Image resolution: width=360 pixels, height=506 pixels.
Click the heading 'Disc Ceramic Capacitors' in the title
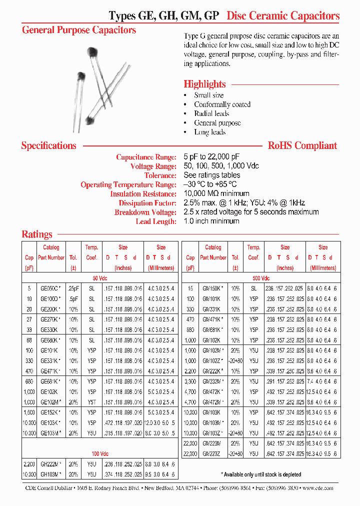pos(283,15)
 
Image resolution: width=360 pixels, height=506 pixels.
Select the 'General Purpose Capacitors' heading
pos(79,30)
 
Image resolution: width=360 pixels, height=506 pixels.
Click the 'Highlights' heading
pos(204,84)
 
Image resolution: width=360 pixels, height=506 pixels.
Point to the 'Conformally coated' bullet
pos(222,104)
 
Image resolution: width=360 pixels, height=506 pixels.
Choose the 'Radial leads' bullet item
pos(211,113)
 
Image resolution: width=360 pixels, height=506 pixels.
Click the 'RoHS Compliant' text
pos(302,145)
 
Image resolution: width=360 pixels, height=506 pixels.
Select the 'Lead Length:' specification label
pos(156,221)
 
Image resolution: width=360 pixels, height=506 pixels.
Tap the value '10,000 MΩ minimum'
pos(216,194)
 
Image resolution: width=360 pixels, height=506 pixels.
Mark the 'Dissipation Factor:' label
pos(147,203)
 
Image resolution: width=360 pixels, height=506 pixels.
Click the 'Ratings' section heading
pos(37,234)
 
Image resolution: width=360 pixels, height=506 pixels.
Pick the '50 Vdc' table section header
pos(100,278)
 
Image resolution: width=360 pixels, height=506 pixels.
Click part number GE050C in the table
pos(50,289)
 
